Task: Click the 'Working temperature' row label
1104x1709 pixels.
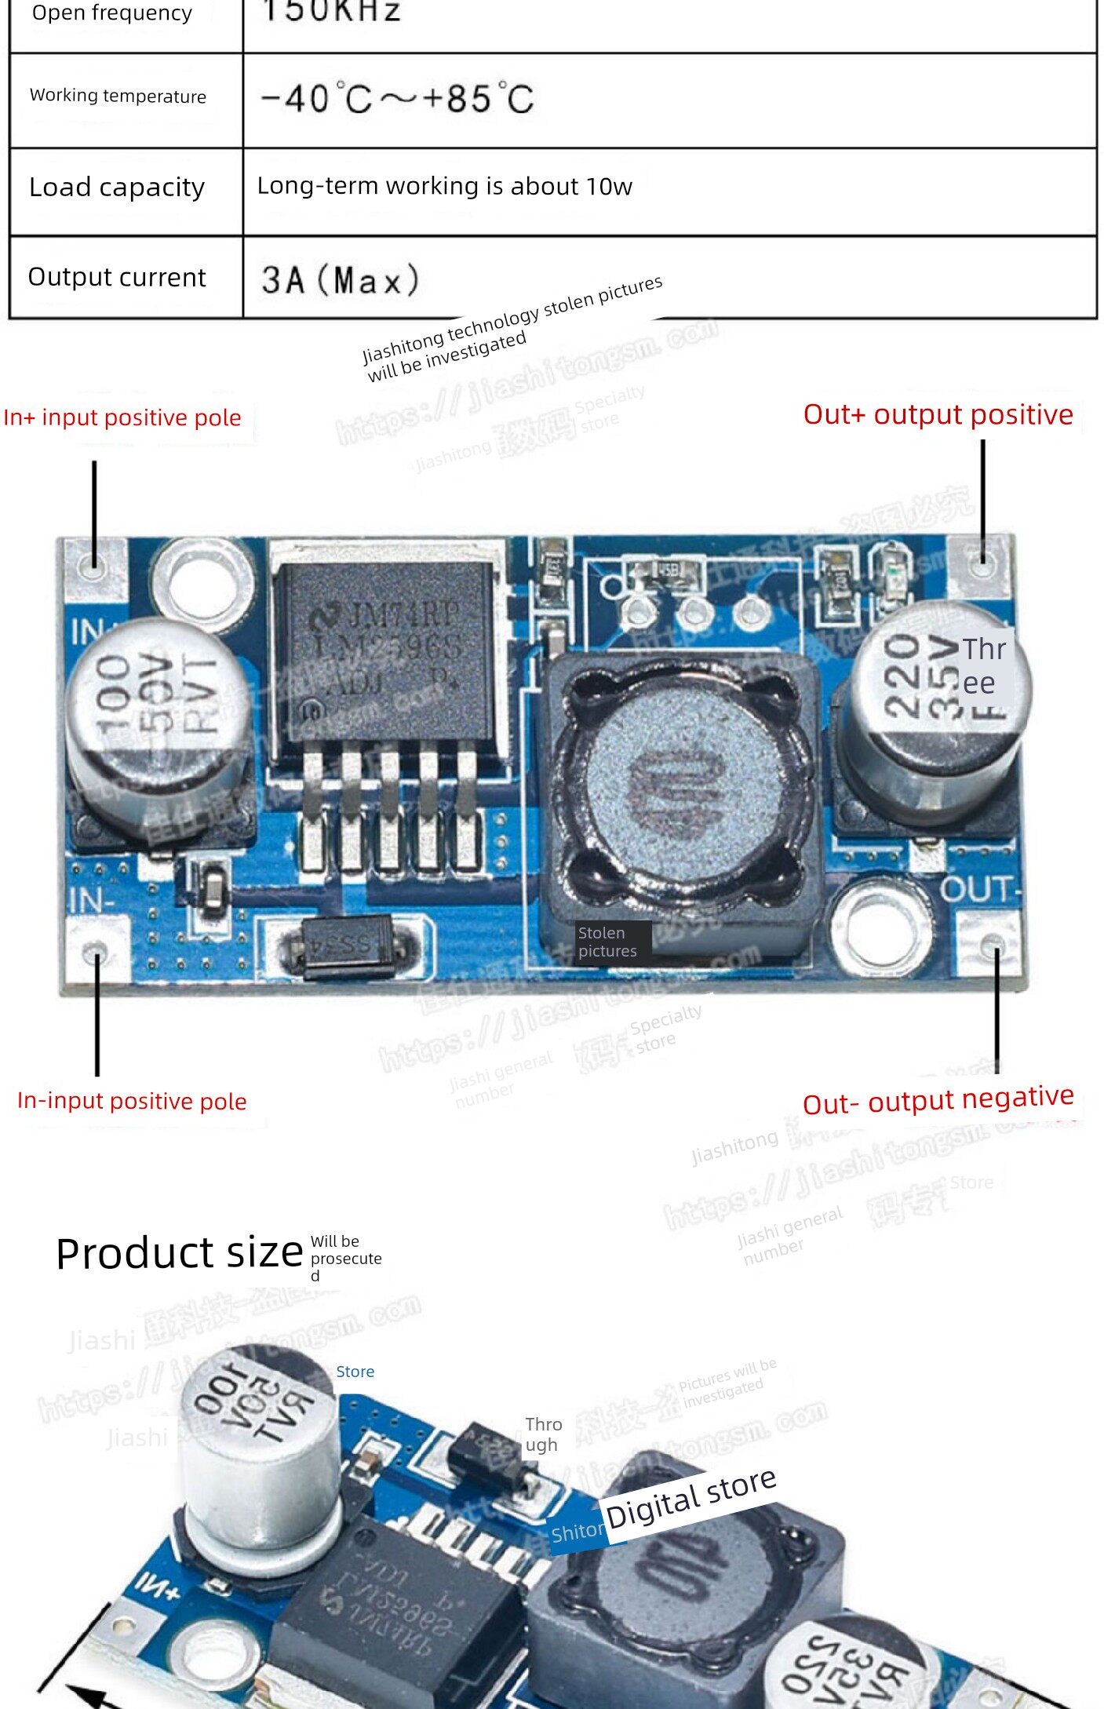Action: (x=118, y=96)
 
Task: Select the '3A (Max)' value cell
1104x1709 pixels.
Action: (x=341, y=280)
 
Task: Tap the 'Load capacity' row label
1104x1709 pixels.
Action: (x=117, y=188)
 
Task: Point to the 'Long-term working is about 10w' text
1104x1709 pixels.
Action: (x=444, y=186)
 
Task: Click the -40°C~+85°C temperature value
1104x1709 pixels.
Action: (x=397, y=100)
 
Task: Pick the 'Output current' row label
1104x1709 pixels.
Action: (x=117, y=277)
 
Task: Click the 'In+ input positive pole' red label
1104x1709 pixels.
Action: (x=122, y=417)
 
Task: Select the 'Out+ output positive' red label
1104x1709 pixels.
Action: (x=938, y=414)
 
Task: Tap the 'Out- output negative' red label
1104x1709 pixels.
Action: (x=938, y=1100)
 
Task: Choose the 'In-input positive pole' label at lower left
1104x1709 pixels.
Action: (x=132, y=1101)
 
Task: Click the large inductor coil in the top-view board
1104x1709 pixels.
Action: (x=680, y=785)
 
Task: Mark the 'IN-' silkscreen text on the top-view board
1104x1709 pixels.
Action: (x=91, y=901)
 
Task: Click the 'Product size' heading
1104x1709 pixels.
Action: (x=179, y=1253)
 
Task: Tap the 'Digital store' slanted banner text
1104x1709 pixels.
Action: (x=690, y=1499)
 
